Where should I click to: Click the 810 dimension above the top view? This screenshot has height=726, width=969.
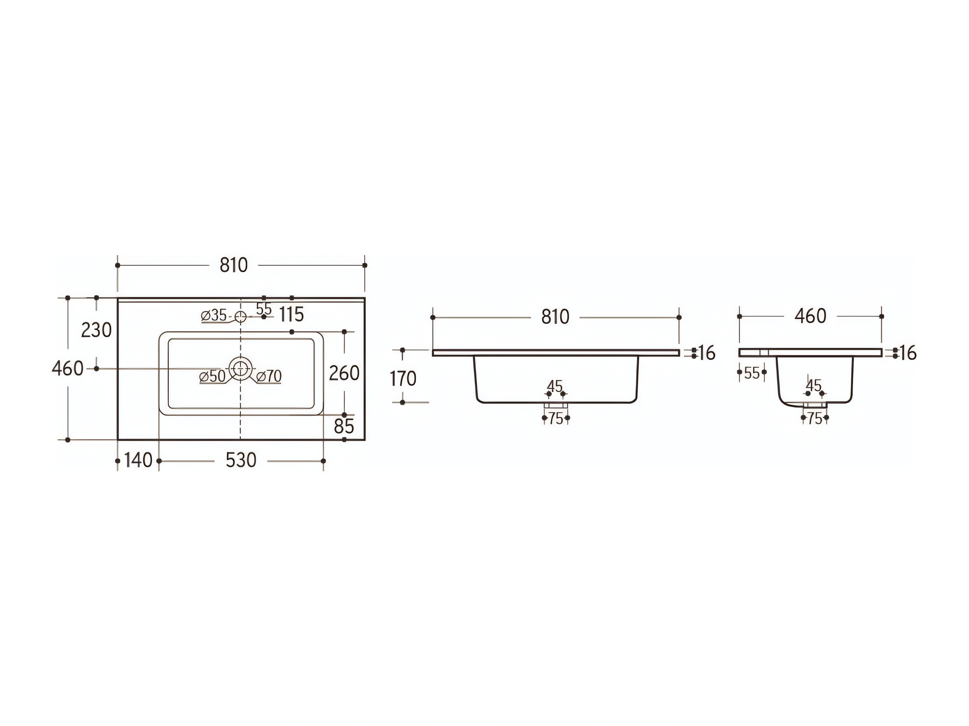tap(234, 265)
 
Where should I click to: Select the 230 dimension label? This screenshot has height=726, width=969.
tap(96, 330)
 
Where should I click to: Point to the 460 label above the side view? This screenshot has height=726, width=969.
tap(810, 316)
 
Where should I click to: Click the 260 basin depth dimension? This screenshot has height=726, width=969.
tap(344, 373)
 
